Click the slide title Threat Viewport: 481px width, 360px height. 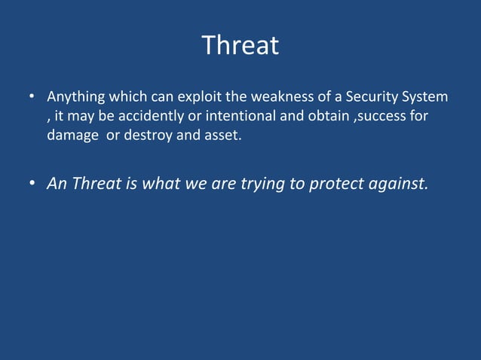tap(240, 46)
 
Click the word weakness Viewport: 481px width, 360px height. tap(275, 98)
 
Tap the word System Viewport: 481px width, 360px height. tap(424, 98)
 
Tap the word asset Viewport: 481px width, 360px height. tap(222, 137)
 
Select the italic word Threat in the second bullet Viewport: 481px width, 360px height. tap(96, 185)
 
